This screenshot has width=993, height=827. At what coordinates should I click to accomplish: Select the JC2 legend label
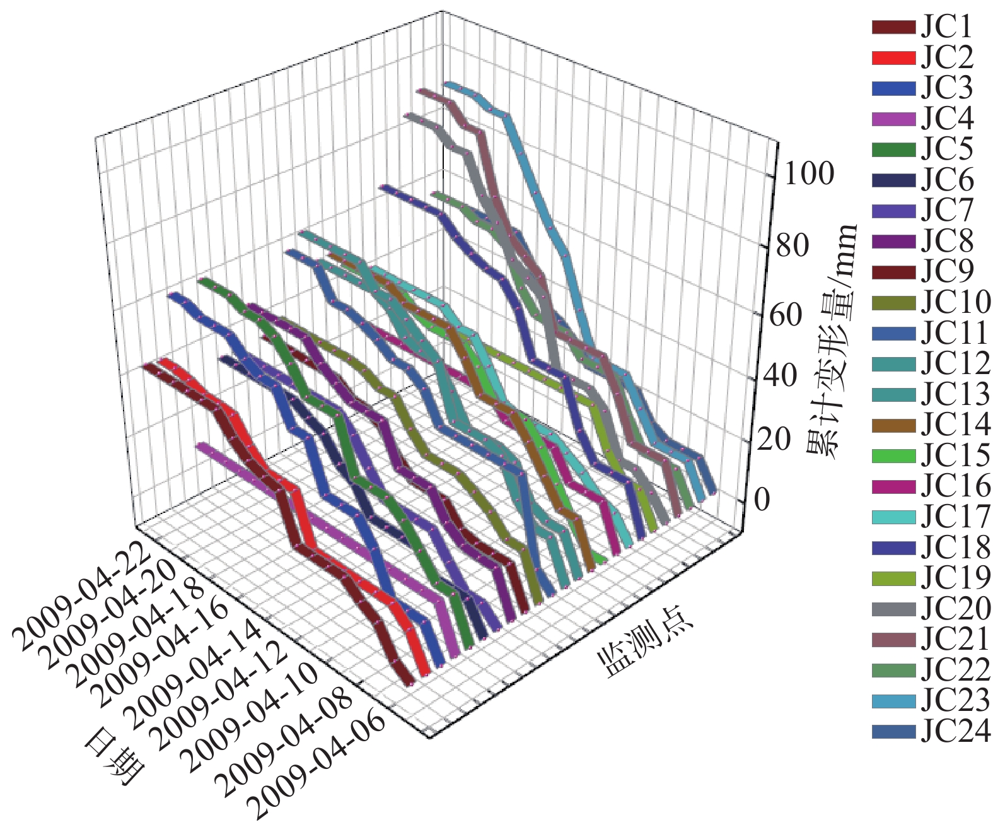tap(946, 57)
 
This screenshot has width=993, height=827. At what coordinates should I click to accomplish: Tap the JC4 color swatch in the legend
tap(893, 119)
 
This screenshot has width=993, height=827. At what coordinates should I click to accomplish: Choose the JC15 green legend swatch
tap(893, 456)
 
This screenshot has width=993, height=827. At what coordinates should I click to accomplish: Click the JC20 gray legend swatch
tap(893, 609)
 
